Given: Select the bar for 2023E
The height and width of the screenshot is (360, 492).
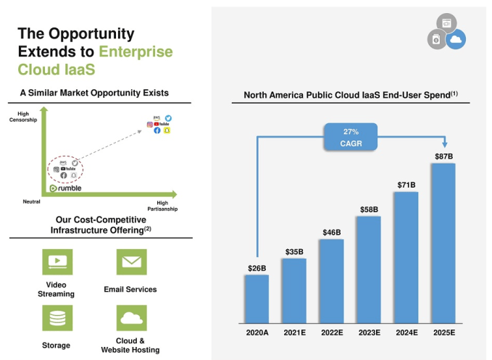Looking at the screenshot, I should pyautogui.click(x=369, y=268).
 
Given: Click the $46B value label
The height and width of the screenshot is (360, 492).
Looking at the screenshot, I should pyautogui.click(x=331, y=232).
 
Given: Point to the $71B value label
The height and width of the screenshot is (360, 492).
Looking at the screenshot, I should pyautogui.click(x=406, y=185).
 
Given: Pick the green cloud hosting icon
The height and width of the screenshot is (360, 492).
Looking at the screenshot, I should pyautogui.click(x=131, y=318).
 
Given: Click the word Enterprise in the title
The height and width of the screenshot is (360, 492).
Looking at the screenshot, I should pyautogui.click(x=136, y=51).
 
